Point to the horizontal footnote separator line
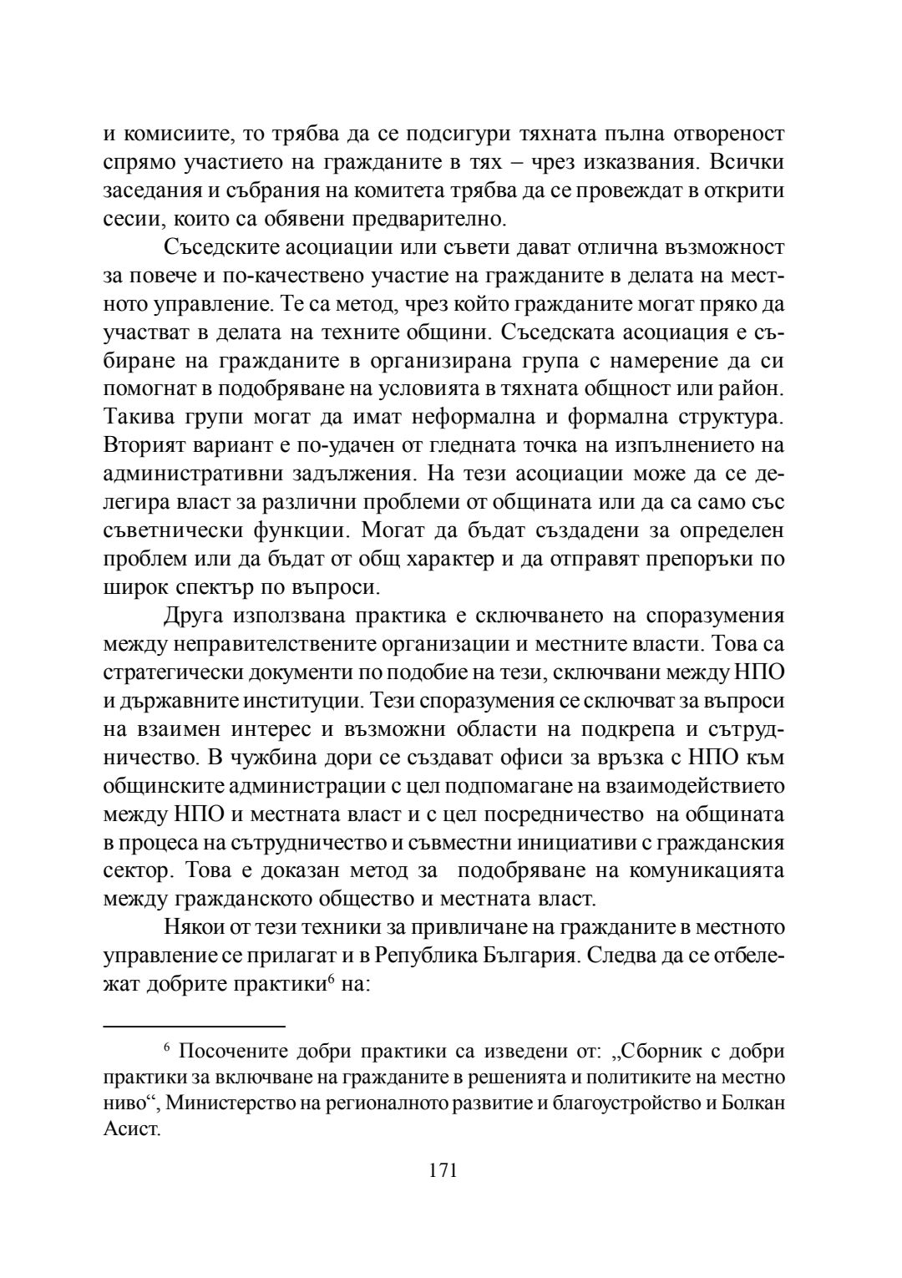point(194,1024)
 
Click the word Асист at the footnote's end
point(129,1131)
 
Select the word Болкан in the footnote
point(752,1103)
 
